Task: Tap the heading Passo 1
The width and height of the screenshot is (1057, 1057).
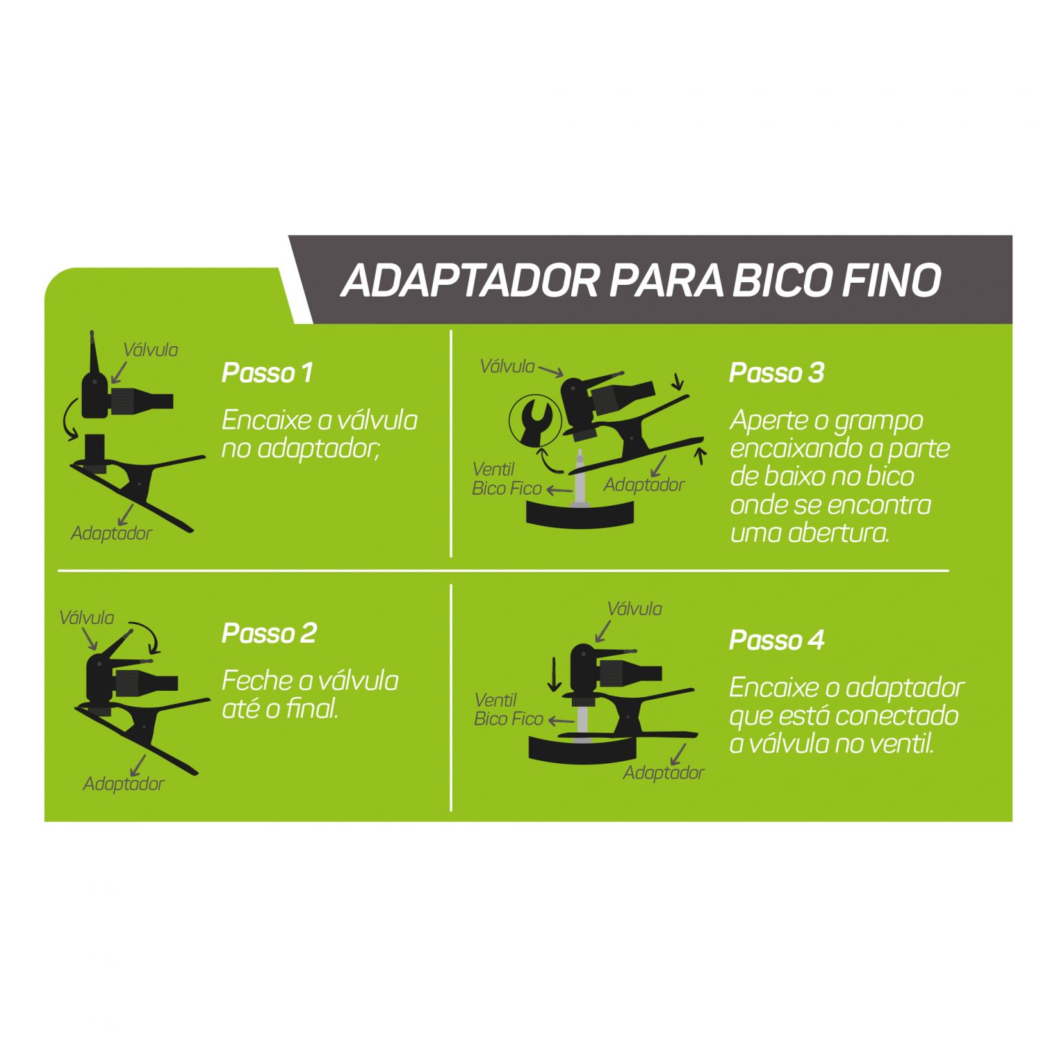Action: pyautogui.click(x=267, y=373)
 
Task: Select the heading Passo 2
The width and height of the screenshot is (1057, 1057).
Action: pyautogui.click(x=269, y=633)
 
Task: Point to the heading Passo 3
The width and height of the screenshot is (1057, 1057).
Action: pyautogui.click(x=776, y=373)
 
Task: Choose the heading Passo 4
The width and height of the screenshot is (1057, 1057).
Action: pyautogui.click(x=776, y=641)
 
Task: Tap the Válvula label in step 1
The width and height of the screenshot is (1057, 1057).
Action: pyautogui.click(x=151, y=350)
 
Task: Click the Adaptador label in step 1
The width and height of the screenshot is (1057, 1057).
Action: pyautogui.click(x=111, y=533)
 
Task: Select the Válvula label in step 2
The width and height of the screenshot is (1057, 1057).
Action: pyautogui.click(x=87, y=618)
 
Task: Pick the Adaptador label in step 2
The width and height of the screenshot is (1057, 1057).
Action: pyautogui.click(x=124, y=784)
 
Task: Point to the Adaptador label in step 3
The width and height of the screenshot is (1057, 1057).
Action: pyautogui.click(x=644, y=485)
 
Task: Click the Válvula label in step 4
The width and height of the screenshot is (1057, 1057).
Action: pyautogui.click(x=634, y=609)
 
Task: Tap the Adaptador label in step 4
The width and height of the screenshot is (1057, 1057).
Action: pyautogui.click(x=664, y=773)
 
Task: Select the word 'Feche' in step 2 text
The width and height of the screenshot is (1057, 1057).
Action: pyautogui.click(x=257, y=681)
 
